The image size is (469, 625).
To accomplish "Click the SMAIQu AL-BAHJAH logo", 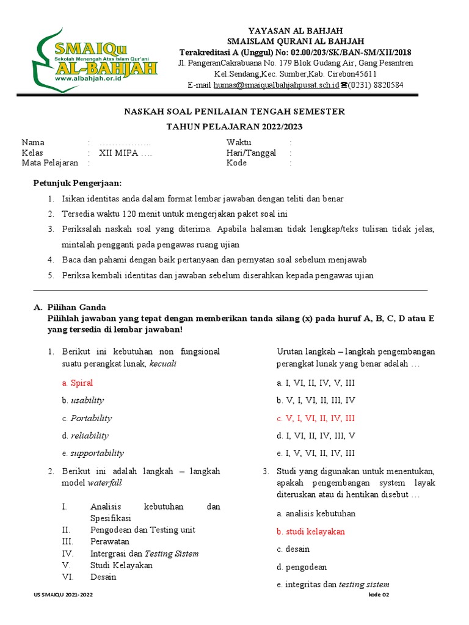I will [x=95, y=59].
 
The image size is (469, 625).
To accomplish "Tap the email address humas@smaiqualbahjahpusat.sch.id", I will [x=276, y=85].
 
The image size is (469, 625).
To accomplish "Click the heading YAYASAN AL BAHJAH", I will [x=296, y=31].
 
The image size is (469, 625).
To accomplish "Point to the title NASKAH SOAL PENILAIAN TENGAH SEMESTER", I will [x=234, y=111].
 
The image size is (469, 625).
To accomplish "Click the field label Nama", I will [x=33, y=142].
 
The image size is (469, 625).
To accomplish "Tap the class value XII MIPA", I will [x=126, y=153].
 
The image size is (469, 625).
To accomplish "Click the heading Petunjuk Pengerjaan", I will [x=77, y=183].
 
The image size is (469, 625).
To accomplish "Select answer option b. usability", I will [x=82, y=400].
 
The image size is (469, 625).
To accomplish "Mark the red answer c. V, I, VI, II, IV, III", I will [x=315, y=418].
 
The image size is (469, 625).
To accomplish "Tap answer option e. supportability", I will [x=92, y=453].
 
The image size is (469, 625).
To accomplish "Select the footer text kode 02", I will [x=379, y=594].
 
